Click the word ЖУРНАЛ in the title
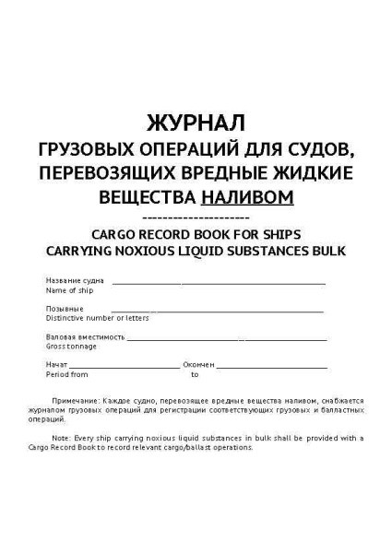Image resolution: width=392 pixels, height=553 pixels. coord(196,123)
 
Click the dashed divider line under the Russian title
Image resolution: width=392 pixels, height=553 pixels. coord(196,214)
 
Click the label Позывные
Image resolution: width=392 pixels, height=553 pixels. coord(65,309)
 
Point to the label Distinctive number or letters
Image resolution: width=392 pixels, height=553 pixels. coord(90,318)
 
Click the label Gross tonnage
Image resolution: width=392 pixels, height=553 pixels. coord(71,347)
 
